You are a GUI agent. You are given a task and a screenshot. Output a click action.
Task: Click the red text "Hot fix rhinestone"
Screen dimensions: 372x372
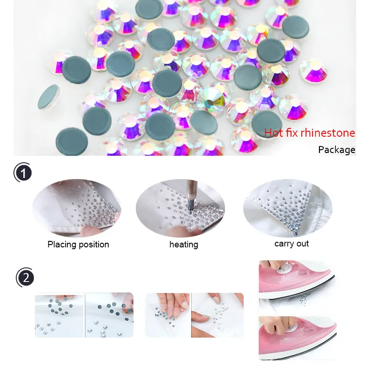coord(309,133)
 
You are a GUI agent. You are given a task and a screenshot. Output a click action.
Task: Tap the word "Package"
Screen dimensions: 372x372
coord(337,150)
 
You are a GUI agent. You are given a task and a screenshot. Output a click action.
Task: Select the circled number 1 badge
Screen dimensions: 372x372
coord(23,173)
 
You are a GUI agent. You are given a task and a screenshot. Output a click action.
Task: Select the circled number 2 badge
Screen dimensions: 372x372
coord(25,277)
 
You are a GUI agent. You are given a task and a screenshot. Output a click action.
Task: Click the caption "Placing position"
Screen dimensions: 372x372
coord(78,245)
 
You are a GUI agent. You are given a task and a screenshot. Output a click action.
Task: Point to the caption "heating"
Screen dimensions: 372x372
coord(184,245)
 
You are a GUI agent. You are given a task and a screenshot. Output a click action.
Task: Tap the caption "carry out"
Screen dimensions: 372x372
coord(292,244)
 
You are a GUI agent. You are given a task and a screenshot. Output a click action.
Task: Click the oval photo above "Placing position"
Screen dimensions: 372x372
coord(77,208)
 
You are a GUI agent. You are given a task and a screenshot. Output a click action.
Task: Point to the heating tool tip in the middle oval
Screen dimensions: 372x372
coord(190,207)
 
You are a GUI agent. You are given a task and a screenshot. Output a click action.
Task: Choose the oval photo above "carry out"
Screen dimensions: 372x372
coord(287,208)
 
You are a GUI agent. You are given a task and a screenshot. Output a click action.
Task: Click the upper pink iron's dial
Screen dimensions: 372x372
coord(284,268)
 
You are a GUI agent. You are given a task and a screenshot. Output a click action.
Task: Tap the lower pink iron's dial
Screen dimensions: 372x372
coord(291,327)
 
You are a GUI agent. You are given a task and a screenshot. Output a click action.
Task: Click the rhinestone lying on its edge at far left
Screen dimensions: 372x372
coord(49,97)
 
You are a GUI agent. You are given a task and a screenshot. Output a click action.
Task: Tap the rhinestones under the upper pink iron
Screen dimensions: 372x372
coord(305,299)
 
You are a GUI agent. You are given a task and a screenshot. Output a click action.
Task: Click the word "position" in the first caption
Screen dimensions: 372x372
coord(94,245)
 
